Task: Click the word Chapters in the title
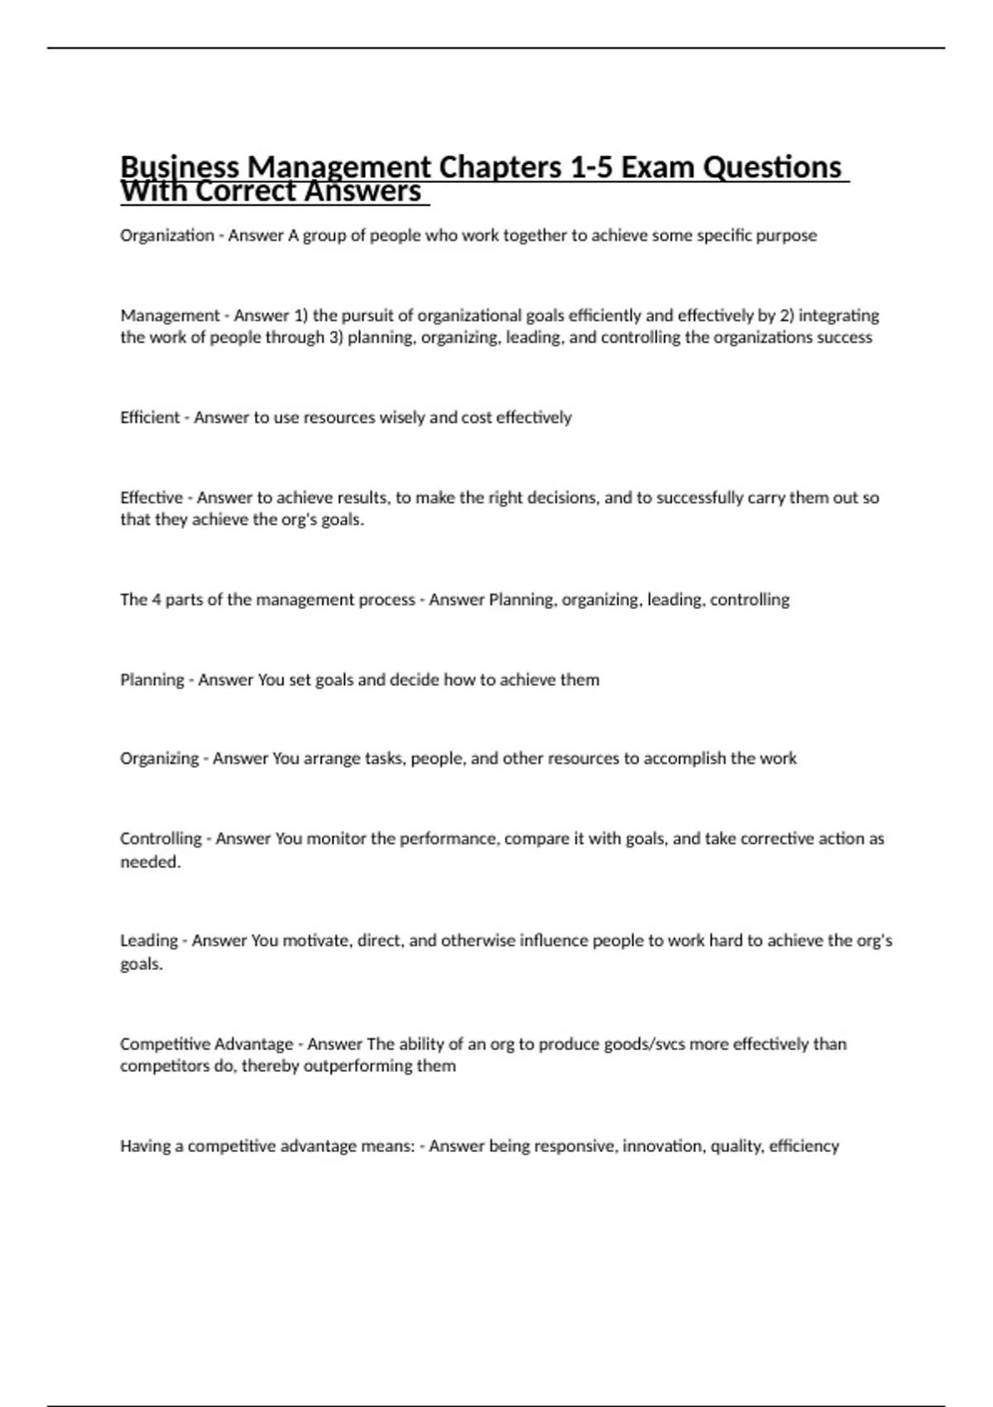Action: (x=500, y=167)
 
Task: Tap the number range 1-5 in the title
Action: (x=591, y=167)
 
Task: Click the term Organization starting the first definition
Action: (x=166, y=236)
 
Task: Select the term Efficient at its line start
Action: (x=150, y=418)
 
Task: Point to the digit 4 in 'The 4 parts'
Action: (x=156, y=599)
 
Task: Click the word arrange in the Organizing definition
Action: (x=332, y=758)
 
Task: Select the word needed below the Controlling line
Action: (x=149, y=862)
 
